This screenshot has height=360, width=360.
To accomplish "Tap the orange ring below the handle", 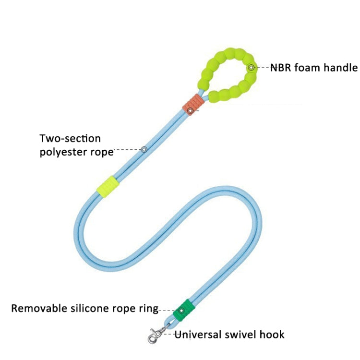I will pyautogui.click(x=194, y=104).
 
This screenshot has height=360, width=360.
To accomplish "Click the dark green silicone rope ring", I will pyautogui.click(x=184, y=311).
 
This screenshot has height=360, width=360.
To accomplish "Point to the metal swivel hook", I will pyautogui.click(x=158, y=333).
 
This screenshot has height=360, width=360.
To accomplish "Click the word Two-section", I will pyautogui.click(x=70, y=139).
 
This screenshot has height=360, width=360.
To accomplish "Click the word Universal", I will pyautogui.click(x=198, y=334).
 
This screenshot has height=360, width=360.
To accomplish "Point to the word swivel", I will pyautogui.click(x=240, y=334).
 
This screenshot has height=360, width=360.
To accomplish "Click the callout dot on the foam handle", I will pyautogui.click(x=251, y=68).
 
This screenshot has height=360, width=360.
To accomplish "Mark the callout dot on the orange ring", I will pyautogui.click(x=190, y=111).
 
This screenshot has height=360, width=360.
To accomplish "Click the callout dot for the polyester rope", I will pyautogui.click(x=144, y=150).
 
